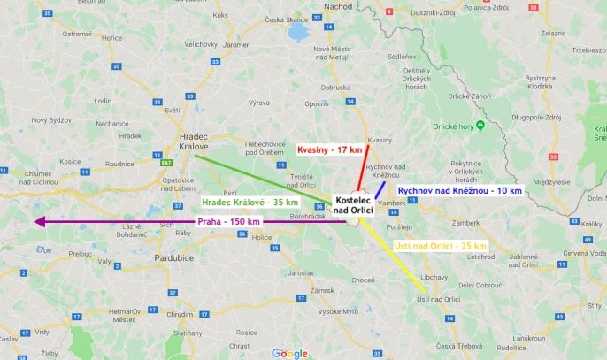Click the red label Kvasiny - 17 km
point(327,150)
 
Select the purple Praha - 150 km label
point(229,220)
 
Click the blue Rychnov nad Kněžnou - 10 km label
point(459,190)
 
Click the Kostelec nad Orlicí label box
point(355,205)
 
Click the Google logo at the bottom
point(289,353)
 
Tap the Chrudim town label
point(180,314)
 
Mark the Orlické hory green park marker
point(480,124)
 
